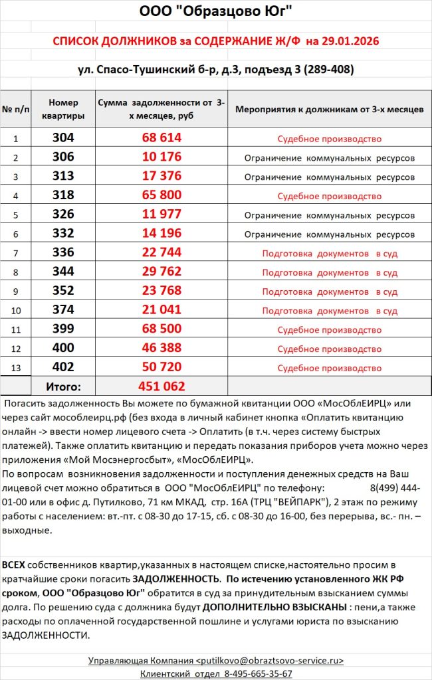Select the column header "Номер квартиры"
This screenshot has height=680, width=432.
[x=63, y=109]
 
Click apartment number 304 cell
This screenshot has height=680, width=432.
[x=63, y=138]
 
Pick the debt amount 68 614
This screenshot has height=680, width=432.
[x=162, y=138]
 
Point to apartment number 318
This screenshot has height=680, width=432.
[x=63, y=196]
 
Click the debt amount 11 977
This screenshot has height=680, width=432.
[x=162, y=215]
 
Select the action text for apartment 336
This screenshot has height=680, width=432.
[x=330, y=254]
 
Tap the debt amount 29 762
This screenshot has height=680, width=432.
[x=162, y=272]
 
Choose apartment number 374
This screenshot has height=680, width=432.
[x=63, y=310]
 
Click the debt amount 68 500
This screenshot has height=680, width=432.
[x=162, y=329]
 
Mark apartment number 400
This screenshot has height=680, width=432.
[x=63, y=349]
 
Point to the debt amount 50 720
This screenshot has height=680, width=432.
[x=162, y=367]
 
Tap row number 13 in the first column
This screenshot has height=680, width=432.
[x=16, y=368]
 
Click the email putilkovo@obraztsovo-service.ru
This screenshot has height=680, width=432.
[x=270, y=661]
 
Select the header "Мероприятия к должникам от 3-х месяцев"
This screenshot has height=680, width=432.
[x=330, y=109]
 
